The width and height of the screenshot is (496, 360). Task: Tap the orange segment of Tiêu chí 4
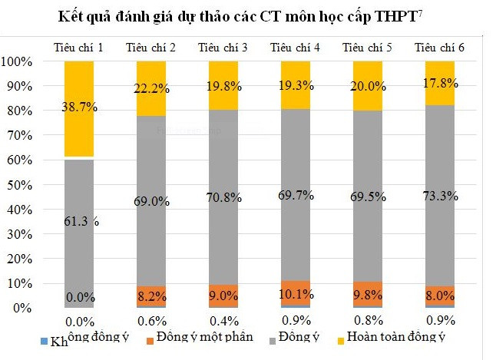[x=296, y=293]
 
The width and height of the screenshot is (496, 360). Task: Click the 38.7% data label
[x=79, y=107]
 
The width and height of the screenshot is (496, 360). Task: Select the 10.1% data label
[x=296, y=293]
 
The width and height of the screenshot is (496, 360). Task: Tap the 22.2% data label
[x=151, y=89]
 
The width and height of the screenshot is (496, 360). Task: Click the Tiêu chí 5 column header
[x=368, y=48]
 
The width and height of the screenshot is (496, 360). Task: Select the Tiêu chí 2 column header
[x=150, y=48]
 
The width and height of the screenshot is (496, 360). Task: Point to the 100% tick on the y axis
[x=17, y=61]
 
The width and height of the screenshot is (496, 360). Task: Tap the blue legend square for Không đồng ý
[x=44, y=339]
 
